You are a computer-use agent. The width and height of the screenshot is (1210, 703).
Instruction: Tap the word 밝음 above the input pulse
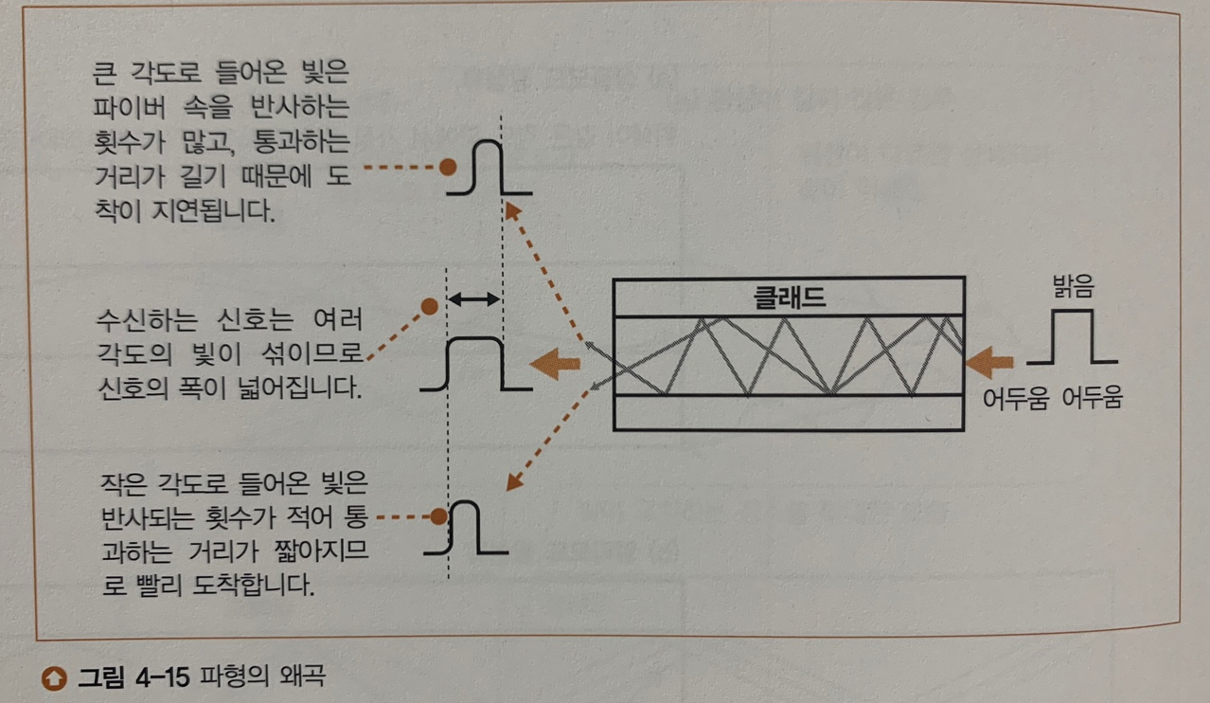click(1071, 286)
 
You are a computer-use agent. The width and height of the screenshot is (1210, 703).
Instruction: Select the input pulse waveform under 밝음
click(1073, 338)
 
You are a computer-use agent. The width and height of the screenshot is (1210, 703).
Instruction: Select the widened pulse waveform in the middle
click(473, 364)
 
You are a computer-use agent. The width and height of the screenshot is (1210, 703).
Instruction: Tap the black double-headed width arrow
click(472, 299)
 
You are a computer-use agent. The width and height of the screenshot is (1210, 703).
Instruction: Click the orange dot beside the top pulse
click(449, 167)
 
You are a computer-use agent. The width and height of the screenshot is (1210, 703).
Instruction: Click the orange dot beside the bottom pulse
click(437, 516)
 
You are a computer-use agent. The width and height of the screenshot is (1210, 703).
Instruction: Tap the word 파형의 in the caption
click(229, 677)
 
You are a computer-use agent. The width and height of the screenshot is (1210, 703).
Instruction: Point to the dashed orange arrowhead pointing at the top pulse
click(511, 210)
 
